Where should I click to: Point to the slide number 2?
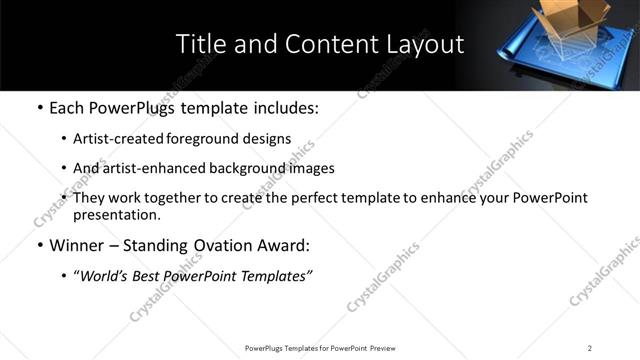(x=590, y=348)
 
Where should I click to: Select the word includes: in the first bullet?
(x=283, y=107)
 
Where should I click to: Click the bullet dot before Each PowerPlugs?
(x=39, y=107)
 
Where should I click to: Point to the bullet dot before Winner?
(x=39, y=245)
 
